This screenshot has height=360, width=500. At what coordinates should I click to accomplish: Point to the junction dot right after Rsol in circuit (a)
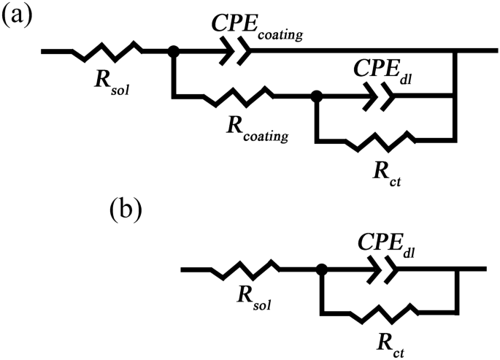tap(174, 51)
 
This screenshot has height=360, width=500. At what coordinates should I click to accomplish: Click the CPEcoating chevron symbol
tap(238, 50)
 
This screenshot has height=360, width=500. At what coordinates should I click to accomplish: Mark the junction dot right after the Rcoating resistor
tap(315, 96)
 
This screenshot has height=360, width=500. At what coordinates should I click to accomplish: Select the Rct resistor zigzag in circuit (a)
tap(385, 141)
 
